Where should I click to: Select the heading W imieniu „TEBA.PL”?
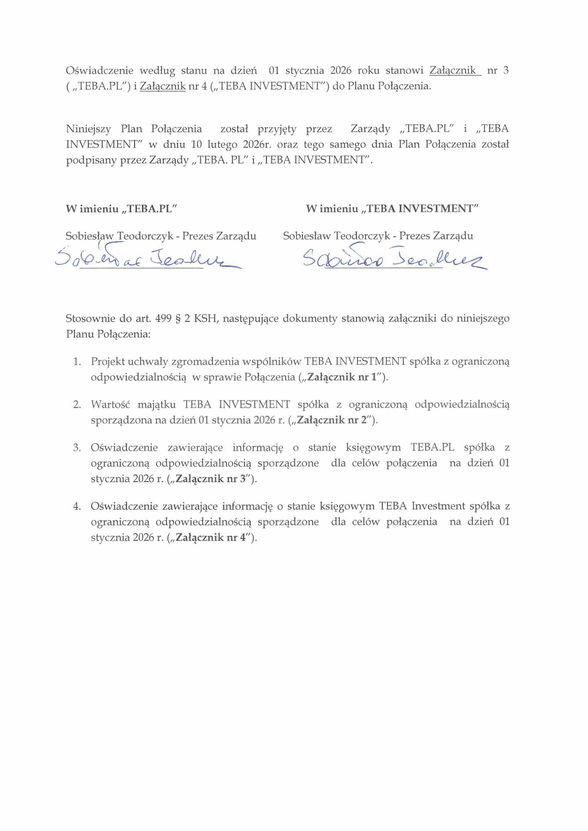point(121,209)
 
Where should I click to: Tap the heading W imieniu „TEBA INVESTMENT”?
point(392,209)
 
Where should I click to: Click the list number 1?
point(77,362)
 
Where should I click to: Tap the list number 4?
point(77,506)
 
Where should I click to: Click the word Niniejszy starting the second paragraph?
point(88,129)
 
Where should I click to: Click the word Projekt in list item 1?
point(106,362)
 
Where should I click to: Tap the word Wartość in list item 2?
point(111,405)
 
